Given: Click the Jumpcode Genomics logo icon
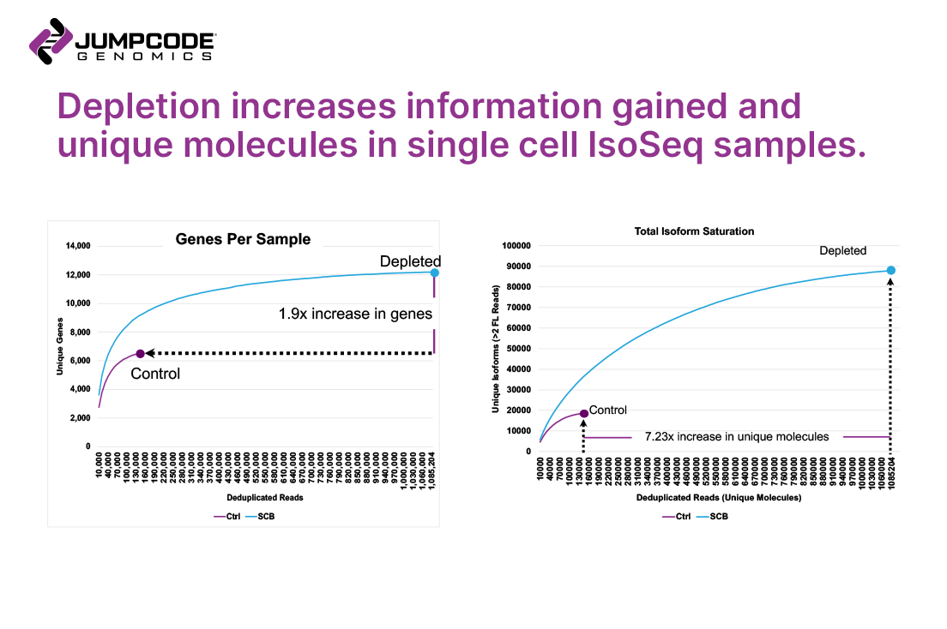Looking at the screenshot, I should click(x=50, y=41).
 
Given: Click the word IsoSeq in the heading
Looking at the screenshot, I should click(x=657, y=145).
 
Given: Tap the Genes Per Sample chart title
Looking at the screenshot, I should click(x=243, y=239).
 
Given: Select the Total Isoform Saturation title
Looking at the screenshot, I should click(x=694, y=231).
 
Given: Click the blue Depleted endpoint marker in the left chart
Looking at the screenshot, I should click(x=435, y=273).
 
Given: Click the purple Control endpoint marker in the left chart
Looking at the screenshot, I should click(x=140, y=353).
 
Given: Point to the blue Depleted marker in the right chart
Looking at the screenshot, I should click(x=890, y=270).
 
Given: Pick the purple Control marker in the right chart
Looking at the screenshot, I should click(x=583, y=413).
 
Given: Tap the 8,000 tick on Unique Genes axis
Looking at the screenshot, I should click(x=79, y=332).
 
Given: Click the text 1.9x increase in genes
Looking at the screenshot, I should click(x=355, y=314).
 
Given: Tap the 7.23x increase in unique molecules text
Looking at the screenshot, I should click(x=736, y=436).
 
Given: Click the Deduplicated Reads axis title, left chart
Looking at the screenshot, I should click(x=264, y=497).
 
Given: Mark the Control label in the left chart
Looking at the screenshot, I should click(x=155, y=374).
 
